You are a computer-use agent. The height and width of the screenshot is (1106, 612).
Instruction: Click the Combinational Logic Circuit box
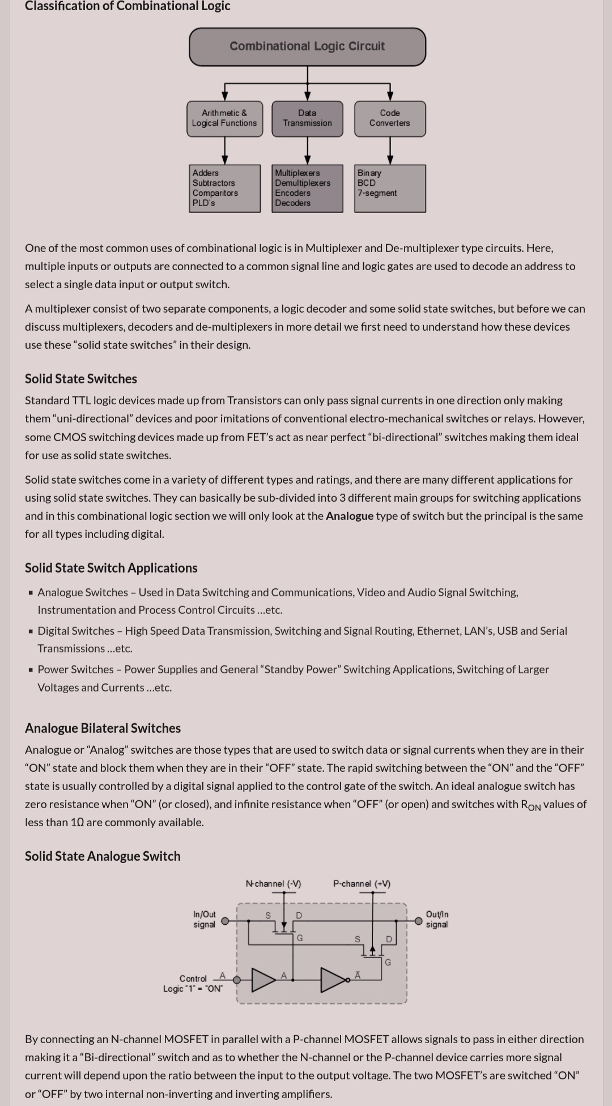point(307,46)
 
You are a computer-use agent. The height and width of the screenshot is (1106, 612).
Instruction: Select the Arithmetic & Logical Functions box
point(224,118)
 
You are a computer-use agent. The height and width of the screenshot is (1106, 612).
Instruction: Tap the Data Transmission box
point(307,118)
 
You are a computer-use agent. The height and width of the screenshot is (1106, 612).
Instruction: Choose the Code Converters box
point(390,118)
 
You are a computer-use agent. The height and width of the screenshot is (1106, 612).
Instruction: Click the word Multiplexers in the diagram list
point(297,173)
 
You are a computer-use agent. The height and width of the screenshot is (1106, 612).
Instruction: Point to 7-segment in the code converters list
point(377,193)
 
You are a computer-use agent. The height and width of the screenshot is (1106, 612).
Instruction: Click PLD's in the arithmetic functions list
point(203,203)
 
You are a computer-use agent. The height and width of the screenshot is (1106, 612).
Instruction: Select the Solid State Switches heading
point(81,379)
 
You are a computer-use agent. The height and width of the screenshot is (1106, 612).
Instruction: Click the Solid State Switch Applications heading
point(111,568)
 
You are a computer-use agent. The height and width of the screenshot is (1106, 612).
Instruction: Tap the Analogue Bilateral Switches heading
point(103,728)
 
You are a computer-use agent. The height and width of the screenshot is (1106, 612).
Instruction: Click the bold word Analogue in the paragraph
point(349,516)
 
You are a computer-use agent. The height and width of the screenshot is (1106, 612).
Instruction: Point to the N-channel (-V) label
point(273,883)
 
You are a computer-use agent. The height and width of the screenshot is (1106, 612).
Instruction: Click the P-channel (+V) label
point(362,883)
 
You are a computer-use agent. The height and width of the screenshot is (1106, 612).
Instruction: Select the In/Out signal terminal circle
point(225,921)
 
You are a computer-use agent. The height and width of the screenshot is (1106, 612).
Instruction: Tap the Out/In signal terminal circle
point(418,921)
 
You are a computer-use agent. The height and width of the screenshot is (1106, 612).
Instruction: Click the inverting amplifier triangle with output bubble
point(333,980)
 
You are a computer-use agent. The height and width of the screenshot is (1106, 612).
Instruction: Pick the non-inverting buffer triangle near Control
point(262,980)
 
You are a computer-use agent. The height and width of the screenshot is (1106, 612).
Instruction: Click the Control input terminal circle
point(237,980)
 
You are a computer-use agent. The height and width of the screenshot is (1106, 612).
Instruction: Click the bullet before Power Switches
point(31,670)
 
